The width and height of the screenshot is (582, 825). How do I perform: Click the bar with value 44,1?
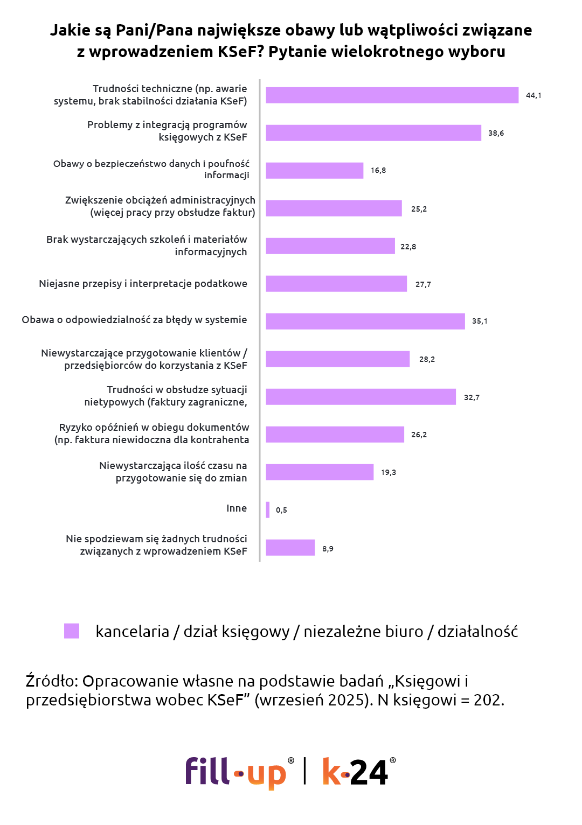coord(392,95)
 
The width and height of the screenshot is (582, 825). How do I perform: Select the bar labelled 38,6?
coord(373,133)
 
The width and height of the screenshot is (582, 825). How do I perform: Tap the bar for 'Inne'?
coord(268,510)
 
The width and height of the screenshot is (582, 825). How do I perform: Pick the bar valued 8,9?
coord(290,548)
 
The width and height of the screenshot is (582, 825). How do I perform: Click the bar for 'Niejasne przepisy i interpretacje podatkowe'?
coord(336,284)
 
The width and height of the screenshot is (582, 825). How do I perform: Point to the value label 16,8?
coord(378,171)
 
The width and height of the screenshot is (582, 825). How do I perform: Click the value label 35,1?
coord(480,321)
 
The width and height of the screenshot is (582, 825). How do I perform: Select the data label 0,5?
coord(281,510)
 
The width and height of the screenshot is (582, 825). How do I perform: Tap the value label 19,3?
coord(389,472)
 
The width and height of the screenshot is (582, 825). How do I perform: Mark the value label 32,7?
coord(472,397)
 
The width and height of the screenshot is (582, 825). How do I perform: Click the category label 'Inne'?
coord(237,508)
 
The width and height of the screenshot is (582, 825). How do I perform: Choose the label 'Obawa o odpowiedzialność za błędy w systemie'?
coord(134,320)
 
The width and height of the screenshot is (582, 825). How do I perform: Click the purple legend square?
coord(72,631)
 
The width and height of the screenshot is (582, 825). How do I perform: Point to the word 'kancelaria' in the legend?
coord(132,632)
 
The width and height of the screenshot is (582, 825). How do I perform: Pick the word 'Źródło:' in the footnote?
coord(52,681)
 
